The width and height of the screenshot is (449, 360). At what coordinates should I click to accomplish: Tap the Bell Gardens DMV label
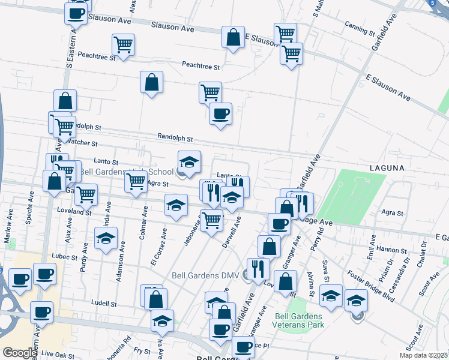209,275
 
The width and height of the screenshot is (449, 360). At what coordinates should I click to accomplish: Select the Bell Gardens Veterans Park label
298,320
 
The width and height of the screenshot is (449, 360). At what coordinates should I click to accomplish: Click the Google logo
19,353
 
